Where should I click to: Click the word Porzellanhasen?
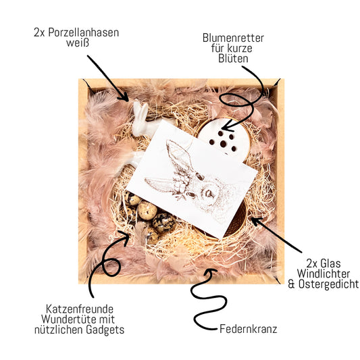(84, 33)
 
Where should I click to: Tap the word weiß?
(78, 43)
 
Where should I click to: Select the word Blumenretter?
(233, 38)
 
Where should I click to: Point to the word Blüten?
(233, 59)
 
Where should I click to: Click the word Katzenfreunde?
(80, 309)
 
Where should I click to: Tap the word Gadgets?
(105, 330)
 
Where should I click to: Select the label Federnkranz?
(248, 329)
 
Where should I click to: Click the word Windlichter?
(324, 274)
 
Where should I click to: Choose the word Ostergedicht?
(328, 284)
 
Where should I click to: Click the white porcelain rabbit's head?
(140, 120)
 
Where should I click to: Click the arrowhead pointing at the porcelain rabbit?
(125, 98)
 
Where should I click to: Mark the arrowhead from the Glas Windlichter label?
(255, 221)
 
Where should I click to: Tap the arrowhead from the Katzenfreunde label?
(125, 237)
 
